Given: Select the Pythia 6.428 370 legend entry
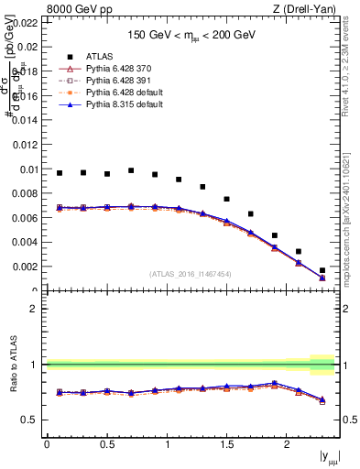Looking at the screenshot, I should (x=101, y=68).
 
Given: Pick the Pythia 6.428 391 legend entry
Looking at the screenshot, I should (x=101, y=80).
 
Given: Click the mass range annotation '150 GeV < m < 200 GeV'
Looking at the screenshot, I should (x=191, y=35).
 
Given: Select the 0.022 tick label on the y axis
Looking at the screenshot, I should (x=25, y=22).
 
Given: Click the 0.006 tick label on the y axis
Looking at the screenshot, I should (x=25, y=218).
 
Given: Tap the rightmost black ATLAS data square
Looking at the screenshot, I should (x=322, y=270).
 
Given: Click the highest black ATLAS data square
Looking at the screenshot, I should (x=131, y=170).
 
